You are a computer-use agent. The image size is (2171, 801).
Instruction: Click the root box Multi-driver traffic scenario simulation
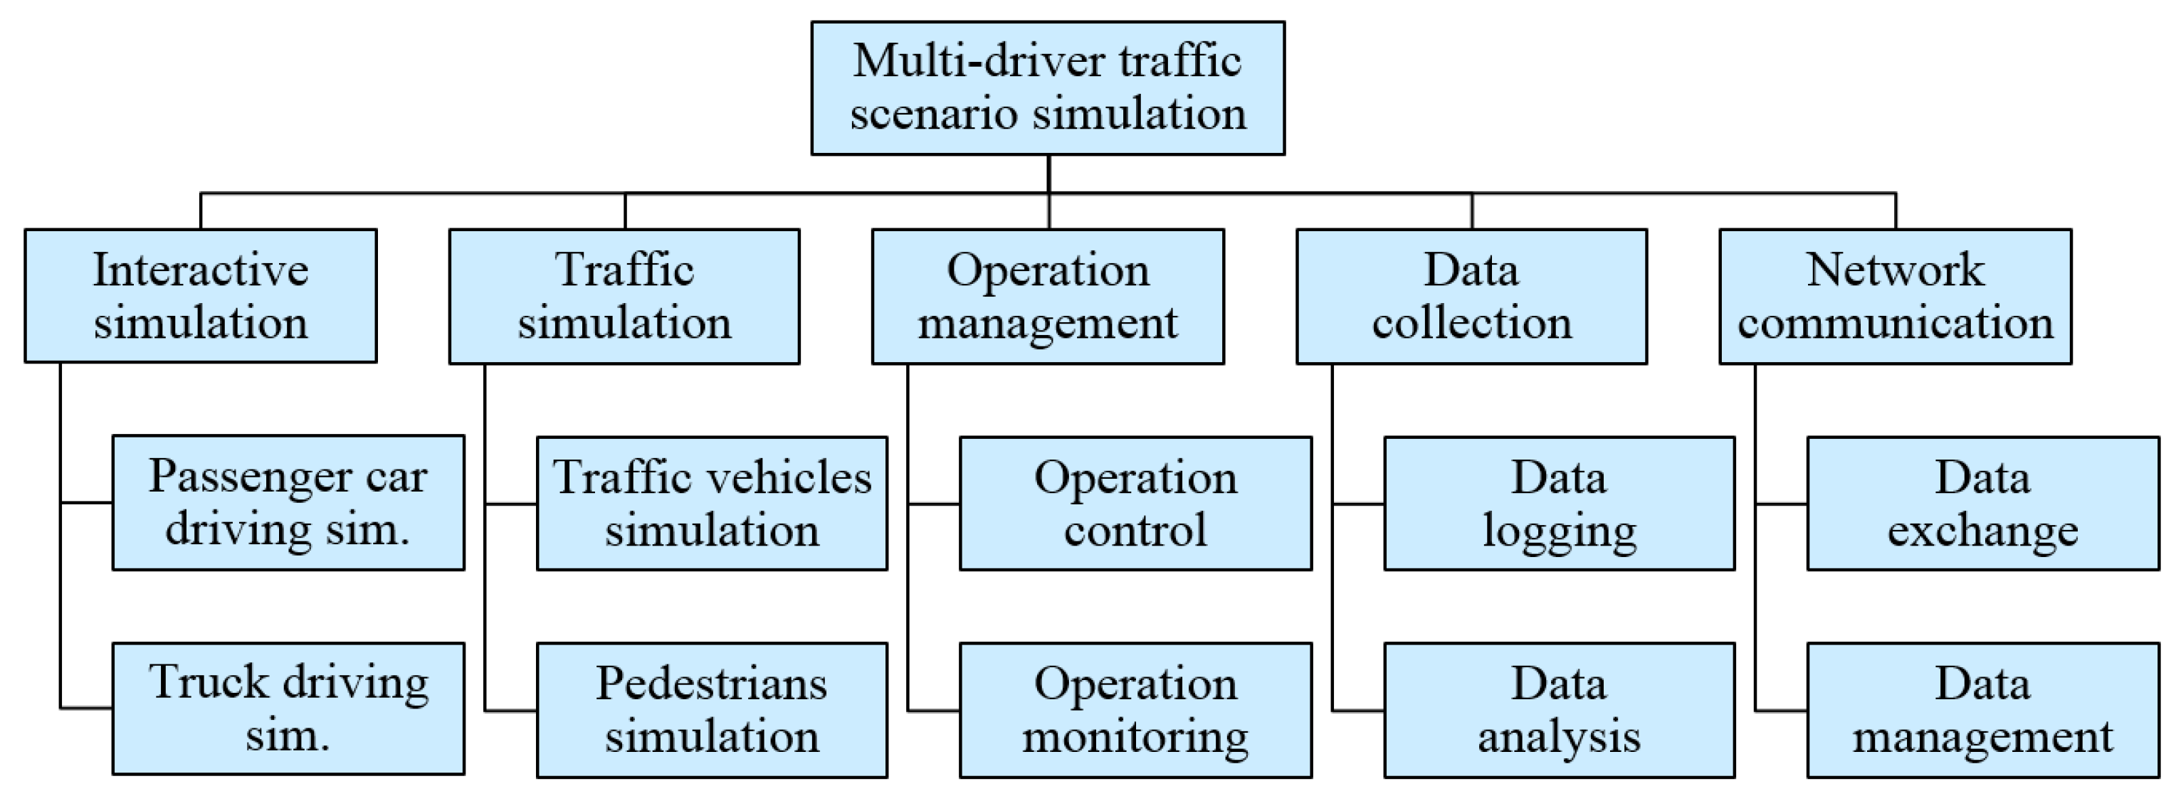pyautogui.click(x=1048, y=87)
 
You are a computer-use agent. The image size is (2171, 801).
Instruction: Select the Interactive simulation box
pyautogui.click(x=201, y=296)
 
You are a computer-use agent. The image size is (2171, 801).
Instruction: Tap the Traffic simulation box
pyautogui.click(x=624, y=296)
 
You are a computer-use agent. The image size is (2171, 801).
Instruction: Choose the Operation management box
pyautogui.click(x=1048, y=296)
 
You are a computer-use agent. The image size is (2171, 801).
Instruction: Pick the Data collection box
pyautogui.click(x=1471, y=296)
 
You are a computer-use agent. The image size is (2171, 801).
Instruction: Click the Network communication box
pyautogui.click(x=1896, y=296)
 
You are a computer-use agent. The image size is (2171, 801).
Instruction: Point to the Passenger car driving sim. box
pyautogui.click(x=288, y=503)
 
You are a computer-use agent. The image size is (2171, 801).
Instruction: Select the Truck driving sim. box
pyautogui.click(x=288, y=709)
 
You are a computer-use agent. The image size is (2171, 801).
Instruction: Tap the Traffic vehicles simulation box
pyautogui.click(x=712, y=503)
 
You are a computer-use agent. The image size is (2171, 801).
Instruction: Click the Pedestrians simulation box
pyautogui.click(x=712, y=710)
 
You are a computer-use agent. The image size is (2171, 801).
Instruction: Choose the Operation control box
pyautogui.click(x=1135, y=503)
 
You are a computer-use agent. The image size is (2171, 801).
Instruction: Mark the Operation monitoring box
pyautogui.click(x=1135, y=710)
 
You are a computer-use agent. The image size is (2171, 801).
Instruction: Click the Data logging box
pyautogui.click(x=1559, y=503)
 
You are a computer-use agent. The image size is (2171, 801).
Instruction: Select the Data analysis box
pyautogui.click(x=1559, y=710)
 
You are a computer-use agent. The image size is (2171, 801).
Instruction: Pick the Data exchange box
pyautogui.click(x=1983, y=503)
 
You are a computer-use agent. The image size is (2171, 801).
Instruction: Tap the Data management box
pyautogui.click(x=1983, y=710)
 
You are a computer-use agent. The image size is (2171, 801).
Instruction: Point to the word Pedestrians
pyautogui.click(x=712, y=683)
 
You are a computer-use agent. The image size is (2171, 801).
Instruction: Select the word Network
pyautogui.click(x=1896, y=270)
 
